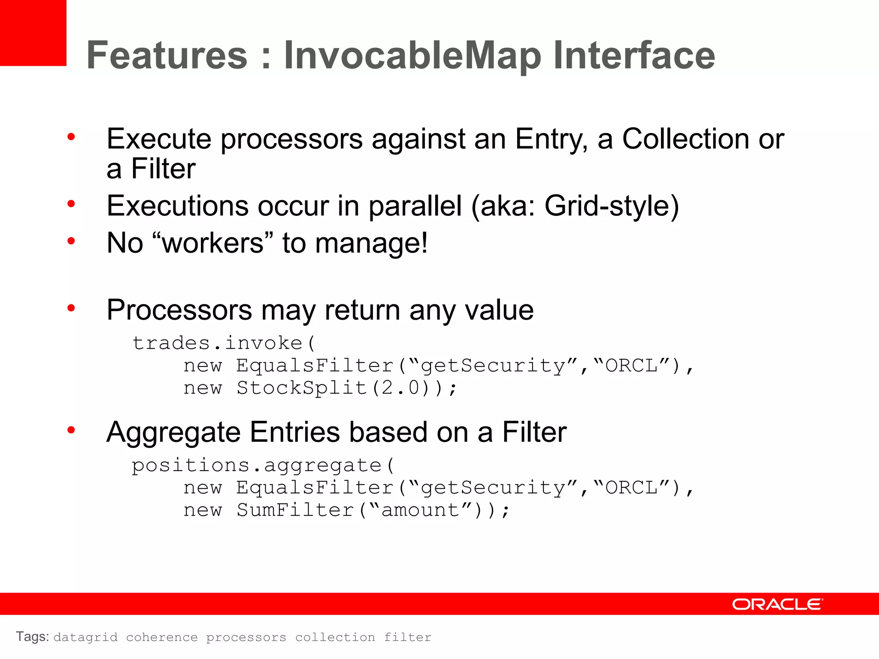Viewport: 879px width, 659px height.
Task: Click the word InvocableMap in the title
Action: [412, 55]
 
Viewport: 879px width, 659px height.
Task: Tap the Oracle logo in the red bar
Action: [777, 604]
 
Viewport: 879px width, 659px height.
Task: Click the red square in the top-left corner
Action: [33, 33]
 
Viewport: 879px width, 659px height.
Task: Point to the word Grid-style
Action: [612, 206]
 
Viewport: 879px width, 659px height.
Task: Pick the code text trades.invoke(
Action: [224, 343]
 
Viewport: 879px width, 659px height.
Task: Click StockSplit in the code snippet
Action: [301, 388]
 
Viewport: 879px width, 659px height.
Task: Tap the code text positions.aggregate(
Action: [263, 466]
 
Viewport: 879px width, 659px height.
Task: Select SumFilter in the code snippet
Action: [295, 510]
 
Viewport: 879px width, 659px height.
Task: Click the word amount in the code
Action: [420, 510]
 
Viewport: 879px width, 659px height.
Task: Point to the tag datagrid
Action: [85, 637]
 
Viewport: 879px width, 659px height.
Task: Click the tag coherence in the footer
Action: [162, 637]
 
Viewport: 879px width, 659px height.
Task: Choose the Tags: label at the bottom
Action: [33, 637]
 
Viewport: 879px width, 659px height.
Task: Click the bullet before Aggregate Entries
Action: [71, 430]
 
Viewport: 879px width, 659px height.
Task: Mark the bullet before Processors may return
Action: [71, 308]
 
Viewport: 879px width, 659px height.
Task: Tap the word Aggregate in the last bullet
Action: [173, 432]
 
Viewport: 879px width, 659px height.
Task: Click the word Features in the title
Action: [167, 55]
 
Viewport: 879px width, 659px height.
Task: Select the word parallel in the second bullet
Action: [415, 206]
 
